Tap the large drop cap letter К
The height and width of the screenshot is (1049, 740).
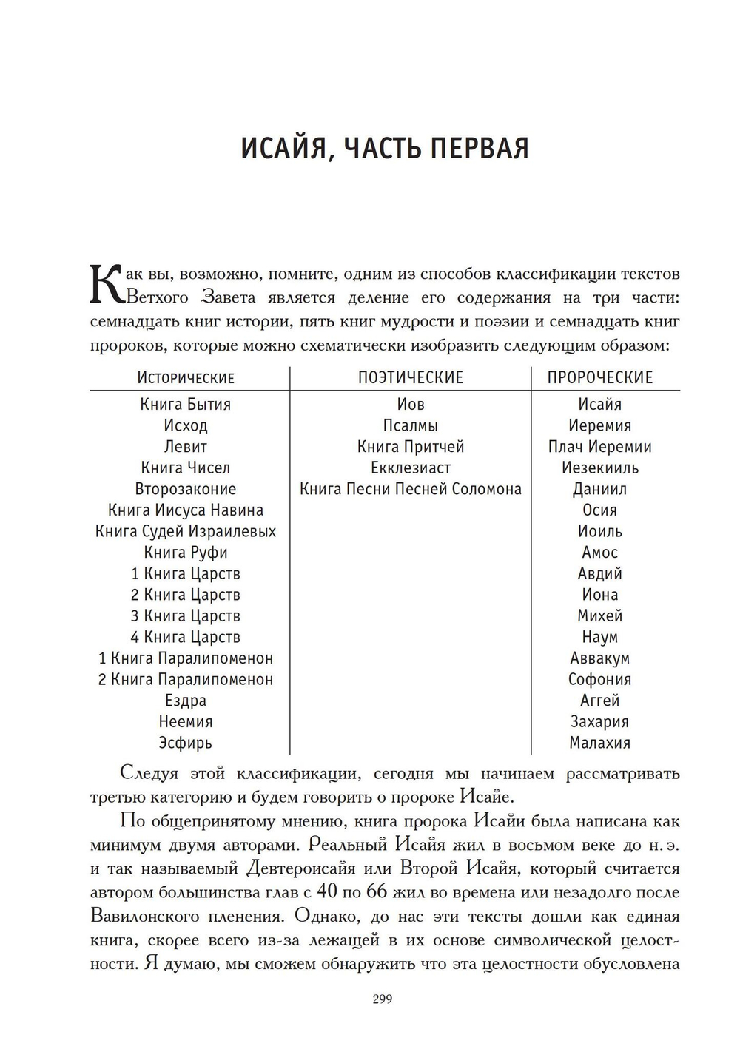pyautogui.click(x=106, y=285)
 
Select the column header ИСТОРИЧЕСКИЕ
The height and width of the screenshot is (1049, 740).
pyautogui.click(x=186, y=378)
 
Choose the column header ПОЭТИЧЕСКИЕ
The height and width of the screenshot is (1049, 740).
pyautogui.click(x=411, y=378)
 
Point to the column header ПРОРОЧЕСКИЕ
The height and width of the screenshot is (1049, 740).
pyautogui.click(x=600, y=378)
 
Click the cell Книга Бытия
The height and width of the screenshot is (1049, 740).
pyautogui.click(x=186, y=405)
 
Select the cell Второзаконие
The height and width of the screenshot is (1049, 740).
pyautogui.click(x=186, y=489)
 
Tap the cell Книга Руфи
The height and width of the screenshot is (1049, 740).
pyautogui.click(x=186, y=553)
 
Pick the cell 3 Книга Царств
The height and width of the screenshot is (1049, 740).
pyautogui.click(x=186, y=616)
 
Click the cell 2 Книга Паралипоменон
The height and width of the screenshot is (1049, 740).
pyautogui.click(x=186, y=679)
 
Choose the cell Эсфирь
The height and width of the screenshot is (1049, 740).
pyautogui.click(x=186, y=743)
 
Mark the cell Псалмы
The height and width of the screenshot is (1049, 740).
pyautogui.click(x=411, y=426)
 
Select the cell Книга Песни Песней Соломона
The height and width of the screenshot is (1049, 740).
pyautogui.click(x=411, y=489)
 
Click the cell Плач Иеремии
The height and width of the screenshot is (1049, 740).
pyautogui.click(x=600, y=447)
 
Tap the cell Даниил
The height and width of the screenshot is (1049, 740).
pyautogui.click(x=600, y=489)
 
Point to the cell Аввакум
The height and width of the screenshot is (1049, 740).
pyautogui.click(x=600, y=658)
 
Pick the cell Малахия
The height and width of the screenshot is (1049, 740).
pyautogui.click(x=600, y=743)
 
